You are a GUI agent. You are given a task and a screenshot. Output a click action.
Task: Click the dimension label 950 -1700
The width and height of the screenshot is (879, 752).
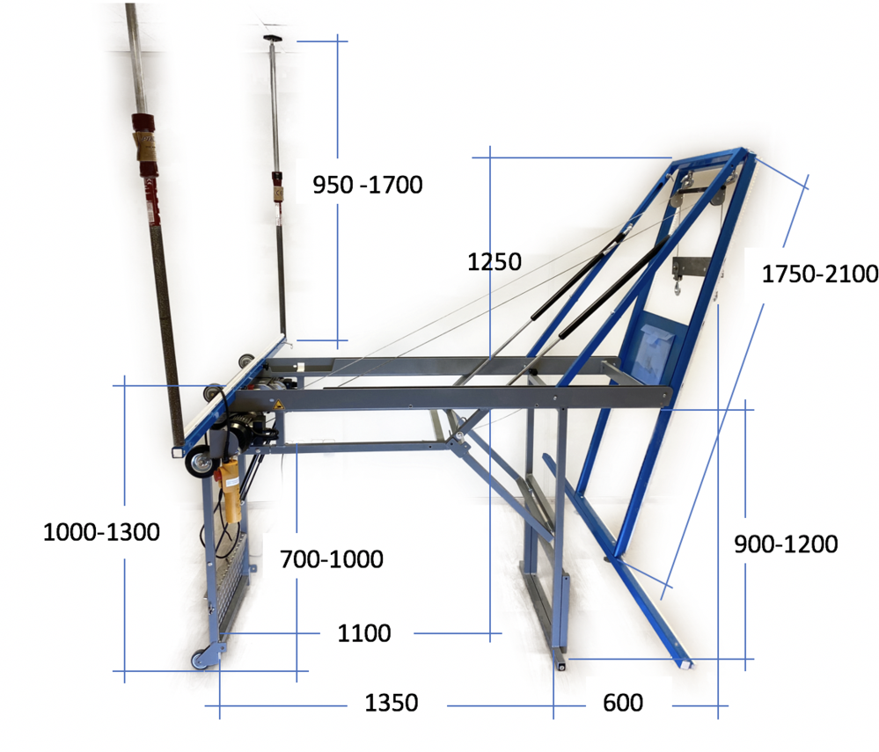click(x=367, y=185)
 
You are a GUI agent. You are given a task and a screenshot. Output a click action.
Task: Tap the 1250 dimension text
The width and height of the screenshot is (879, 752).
click(x=494, y=262)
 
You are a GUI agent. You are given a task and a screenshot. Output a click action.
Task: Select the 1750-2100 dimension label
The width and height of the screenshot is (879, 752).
click(x=819, y=274)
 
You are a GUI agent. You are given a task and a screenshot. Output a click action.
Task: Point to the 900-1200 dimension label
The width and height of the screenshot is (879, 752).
click(x=786, y=544)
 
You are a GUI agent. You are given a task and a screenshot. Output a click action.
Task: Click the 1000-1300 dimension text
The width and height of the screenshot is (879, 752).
click(x=101, y=532)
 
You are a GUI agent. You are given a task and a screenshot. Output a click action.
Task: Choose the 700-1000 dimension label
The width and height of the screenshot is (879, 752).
click(x=332, y=559)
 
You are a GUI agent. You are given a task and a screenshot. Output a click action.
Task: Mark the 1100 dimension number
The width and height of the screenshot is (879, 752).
click(x=363, y=633)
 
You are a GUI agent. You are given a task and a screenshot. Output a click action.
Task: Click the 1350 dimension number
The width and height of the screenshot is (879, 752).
click(x=392, y=703)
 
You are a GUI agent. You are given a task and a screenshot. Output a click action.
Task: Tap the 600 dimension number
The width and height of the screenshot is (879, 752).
click(x=623, y=703)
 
